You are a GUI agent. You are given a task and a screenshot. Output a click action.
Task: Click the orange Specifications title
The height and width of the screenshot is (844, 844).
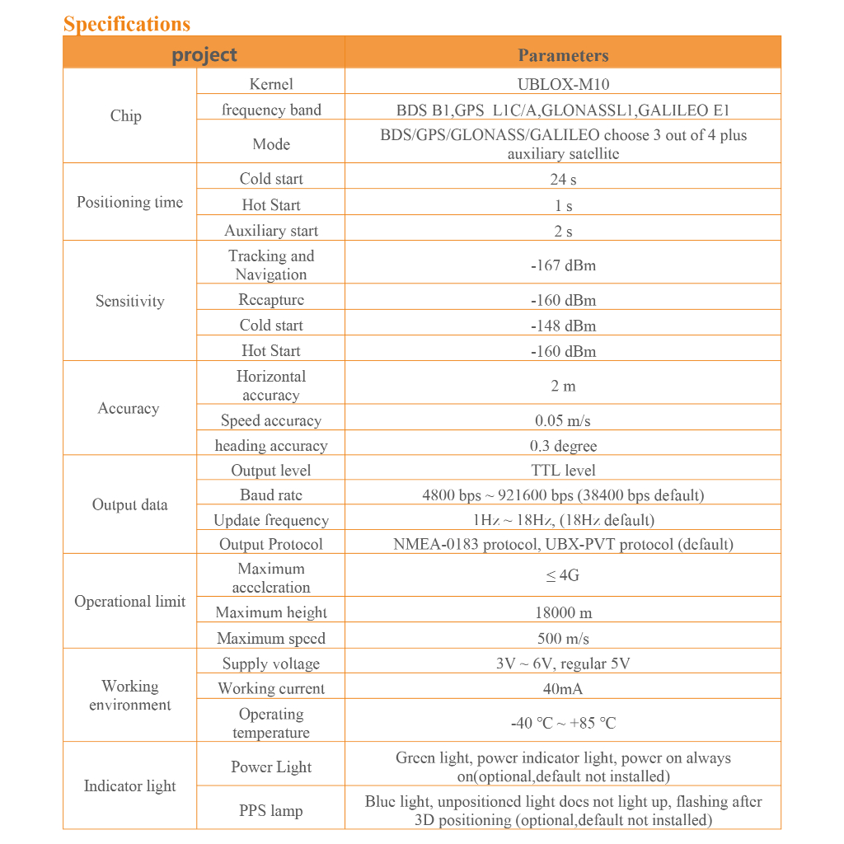(x=127, y=24)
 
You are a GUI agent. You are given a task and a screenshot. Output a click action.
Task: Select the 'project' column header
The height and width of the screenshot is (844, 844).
(x=204, y=55)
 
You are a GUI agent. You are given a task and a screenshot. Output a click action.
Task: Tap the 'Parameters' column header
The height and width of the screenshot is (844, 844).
(x=563, y=55)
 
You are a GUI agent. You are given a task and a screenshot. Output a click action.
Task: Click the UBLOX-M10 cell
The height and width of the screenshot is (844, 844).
(x=563, y=84)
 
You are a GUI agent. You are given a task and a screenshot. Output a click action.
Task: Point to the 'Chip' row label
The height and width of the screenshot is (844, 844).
(x=126, y=116)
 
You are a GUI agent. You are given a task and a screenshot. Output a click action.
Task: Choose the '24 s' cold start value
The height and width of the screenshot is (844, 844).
(x=563, y=179)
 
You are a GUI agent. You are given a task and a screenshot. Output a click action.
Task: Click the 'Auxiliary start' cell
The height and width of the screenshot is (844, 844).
(x=271, y=231)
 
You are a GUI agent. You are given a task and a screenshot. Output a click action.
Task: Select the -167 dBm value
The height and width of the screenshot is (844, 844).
(x=563, y=265)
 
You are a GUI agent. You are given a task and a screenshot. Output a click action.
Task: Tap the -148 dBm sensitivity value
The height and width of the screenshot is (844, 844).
(x=563, y=326)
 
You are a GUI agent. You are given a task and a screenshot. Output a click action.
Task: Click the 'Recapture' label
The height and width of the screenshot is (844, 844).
(x=271, y=300)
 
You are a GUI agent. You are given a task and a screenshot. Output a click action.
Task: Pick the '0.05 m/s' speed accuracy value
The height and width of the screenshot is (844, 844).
(x=563, y=420)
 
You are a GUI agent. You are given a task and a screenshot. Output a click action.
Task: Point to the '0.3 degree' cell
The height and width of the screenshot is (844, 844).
(x=563, y=446)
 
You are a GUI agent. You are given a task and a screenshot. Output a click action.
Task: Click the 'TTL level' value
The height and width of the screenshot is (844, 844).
(x=563, y=471)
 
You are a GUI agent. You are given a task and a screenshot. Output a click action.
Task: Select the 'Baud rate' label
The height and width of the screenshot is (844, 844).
(x=271, y=495)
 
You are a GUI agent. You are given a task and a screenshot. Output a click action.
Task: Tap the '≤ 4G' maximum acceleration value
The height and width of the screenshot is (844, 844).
(x=563, y=575)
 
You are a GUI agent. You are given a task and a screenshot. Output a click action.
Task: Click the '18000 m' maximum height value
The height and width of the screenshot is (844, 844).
(x=563, y=612)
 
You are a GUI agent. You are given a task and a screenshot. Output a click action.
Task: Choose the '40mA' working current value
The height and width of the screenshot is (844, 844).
(x=563, y=688)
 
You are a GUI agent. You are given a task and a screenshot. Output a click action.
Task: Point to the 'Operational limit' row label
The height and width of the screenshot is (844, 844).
(x=130, y=602)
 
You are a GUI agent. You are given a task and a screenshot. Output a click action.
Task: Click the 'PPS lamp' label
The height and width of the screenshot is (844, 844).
(x=271, y=811)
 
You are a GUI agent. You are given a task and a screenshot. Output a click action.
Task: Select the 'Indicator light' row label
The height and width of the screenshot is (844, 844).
(x=130, y=786)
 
